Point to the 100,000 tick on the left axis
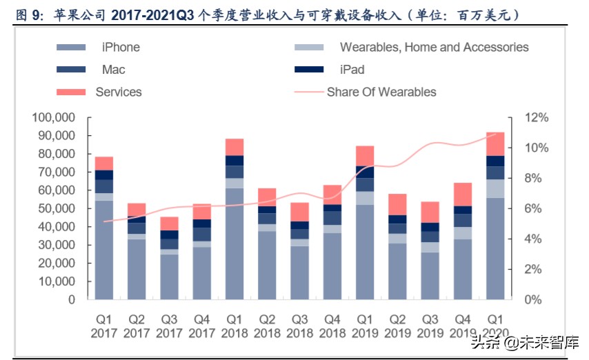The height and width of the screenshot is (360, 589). (53, 118)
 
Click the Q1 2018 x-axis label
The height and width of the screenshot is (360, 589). (234, 326)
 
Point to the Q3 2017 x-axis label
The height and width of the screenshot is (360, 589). (169, 326)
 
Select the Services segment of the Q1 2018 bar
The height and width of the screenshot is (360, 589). (234, 147)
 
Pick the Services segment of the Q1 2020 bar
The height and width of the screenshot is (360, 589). (495, 144)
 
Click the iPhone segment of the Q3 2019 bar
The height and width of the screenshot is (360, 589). (430, 276)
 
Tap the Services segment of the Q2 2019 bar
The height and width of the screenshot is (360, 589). (397, 204)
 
